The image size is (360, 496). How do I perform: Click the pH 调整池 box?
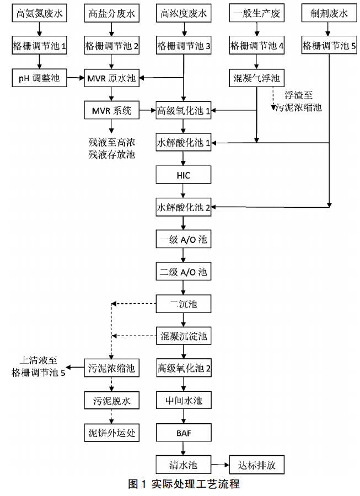[40, 79]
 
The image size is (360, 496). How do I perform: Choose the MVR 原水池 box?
[112, 79]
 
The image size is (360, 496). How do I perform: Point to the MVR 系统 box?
[112, 111]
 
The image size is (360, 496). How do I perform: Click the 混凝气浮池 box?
[256, 79]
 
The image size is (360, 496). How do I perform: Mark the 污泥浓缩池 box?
[112, 368]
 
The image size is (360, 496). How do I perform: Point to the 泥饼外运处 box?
[112, 432]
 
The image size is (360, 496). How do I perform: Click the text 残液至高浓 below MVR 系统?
[112, 142]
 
